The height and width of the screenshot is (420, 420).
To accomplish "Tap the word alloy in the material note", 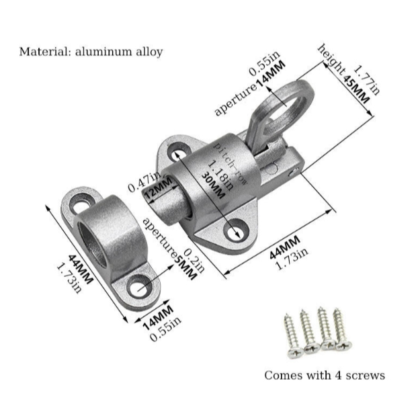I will point(148,52).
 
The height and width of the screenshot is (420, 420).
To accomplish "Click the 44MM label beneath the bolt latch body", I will point(284,245).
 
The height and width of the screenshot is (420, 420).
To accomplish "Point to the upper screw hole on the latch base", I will point(179,150).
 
